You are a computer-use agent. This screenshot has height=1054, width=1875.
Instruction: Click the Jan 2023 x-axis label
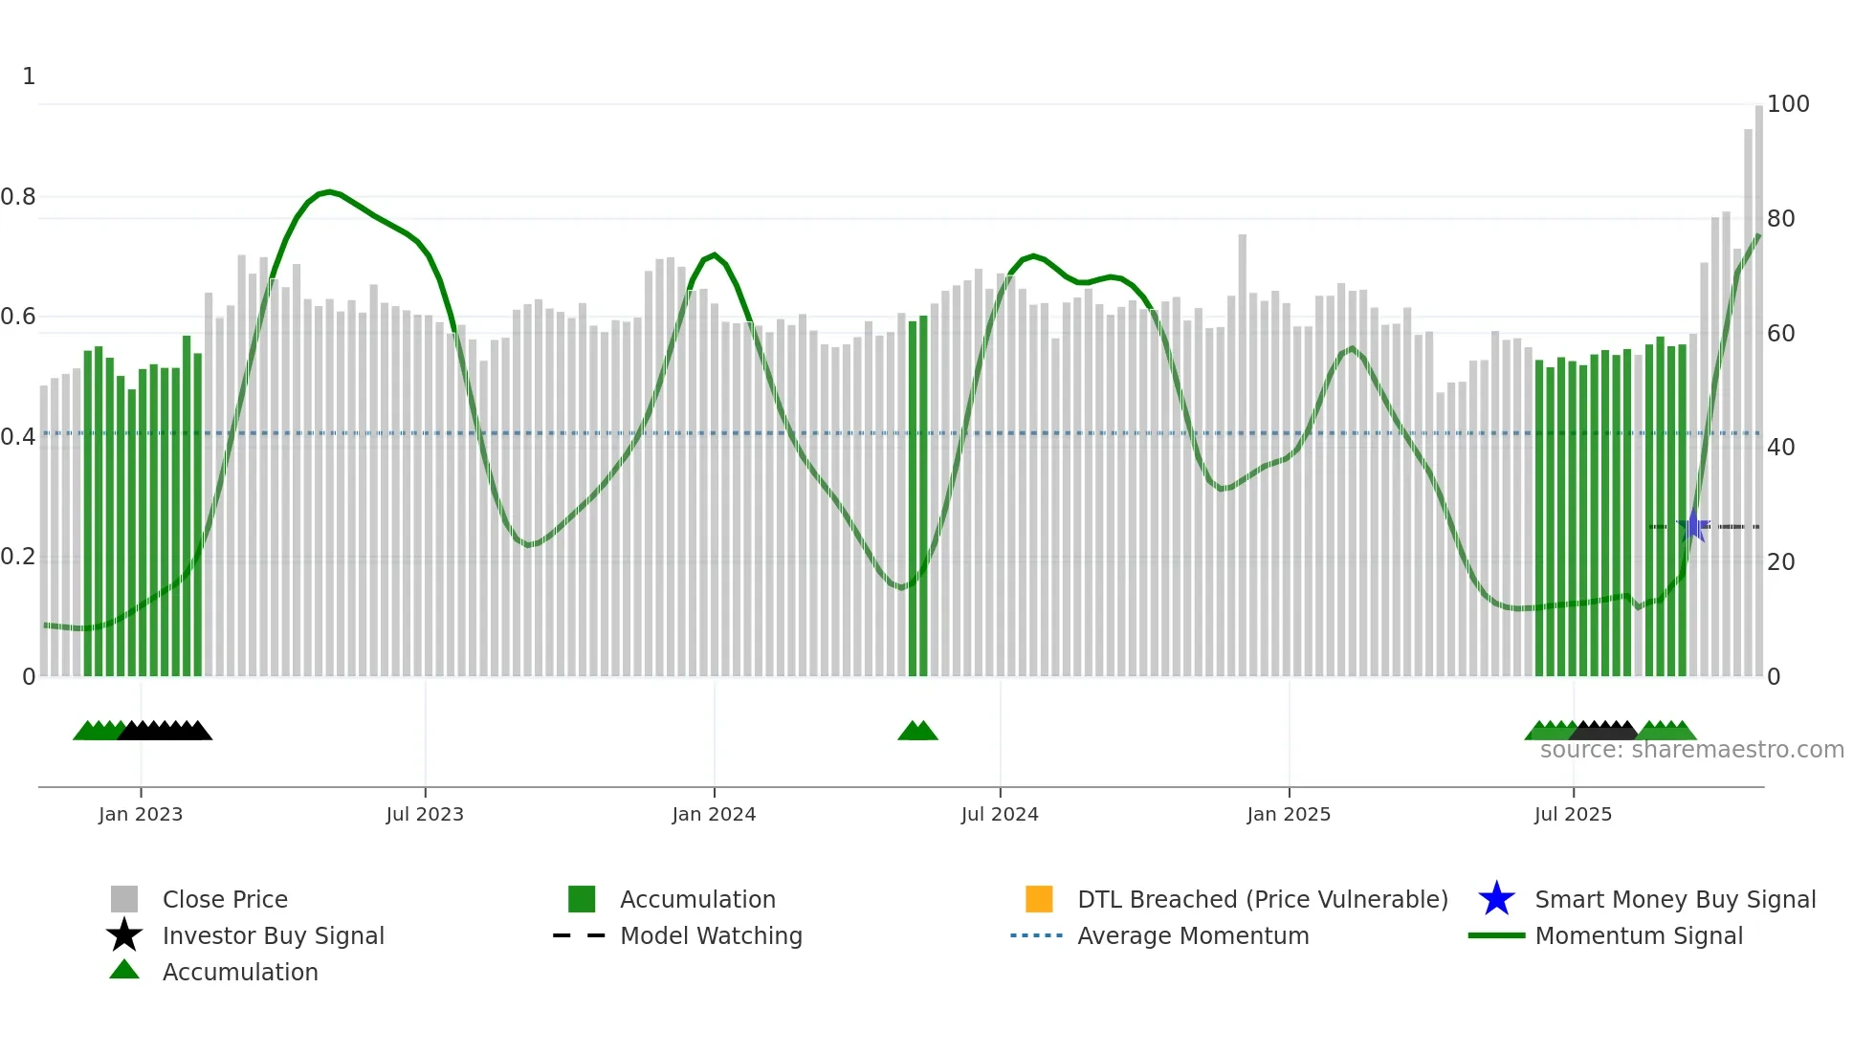[x=140, y=814]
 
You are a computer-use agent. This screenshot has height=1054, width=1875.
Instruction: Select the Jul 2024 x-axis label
[x=999, y=814]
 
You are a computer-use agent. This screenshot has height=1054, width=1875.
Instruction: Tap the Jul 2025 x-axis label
[x=1573, y=814]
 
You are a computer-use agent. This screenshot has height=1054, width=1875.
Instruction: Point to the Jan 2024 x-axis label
[x=714, y=814]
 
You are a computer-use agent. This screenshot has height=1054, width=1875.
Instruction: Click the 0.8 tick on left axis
[x=18, y=197]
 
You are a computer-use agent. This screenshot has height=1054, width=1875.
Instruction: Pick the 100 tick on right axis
[x=1787, y=104]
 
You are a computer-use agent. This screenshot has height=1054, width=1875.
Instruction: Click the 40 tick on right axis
[x=1780, y=448]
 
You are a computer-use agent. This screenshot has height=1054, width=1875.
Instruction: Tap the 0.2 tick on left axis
[x=18, y=557]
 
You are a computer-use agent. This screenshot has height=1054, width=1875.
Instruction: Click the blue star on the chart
[x=1693, y=526]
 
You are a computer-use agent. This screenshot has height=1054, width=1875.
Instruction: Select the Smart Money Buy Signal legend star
[x=1496, y=899]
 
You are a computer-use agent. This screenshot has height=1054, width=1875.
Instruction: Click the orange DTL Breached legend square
[x=1038, y=899]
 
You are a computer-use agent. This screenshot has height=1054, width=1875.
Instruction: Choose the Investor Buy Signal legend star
[x=124, y=935]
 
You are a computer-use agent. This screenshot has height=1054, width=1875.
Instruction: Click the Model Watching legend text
[x=711, y=935]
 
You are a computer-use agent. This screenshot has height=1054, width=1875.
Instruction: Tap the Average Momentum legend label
[x=1193, y=935]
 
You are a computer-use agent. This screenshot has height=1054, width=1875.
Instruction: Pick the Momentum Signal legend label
[x=1639, y=935]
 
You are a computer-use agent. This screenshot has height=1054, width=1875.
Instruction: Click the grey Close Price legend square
[x=124, y=899]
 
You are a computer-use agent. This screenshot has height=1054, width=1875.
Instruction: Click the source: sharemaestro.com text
[x=1691, y=750]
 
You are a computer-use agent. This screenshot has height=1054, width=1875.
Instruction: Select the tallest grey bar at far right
[x=1758, y=392]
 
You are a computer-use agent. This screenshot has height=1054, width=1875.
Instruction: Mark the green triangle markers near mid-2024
[x=917, y=732]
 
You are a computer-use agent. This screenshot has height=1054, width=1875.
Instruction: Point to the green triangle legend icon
[x=124, y=970]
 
